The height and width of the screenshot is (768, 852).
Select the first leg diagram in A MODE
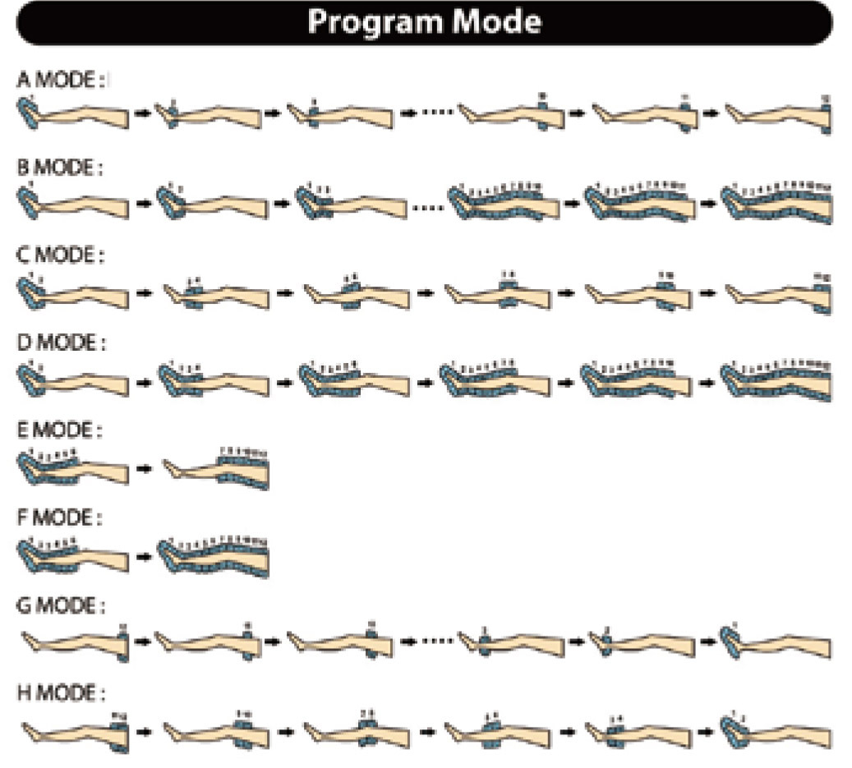pos(73,115)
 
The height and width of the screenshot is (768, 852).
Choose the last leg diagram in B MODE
pos(776,203)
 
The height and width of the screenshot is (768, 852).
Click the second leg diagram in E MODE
pos(217,470)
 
